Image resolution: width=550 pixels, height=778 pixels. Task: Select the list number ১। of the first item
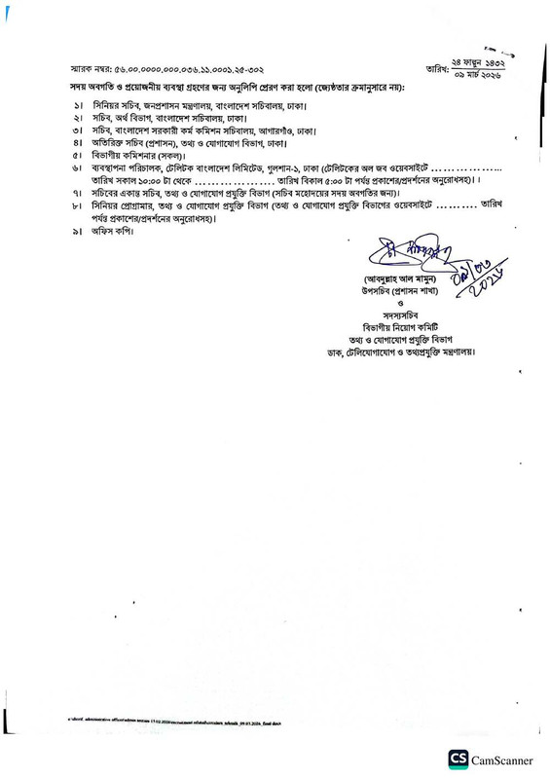click(76, 102)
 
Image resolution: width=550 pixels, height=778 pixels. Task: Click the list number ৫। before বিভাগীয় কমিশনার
click(76, 154)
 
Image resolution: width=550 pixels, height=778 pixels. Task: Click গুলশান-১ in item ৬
click(299, 167)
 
